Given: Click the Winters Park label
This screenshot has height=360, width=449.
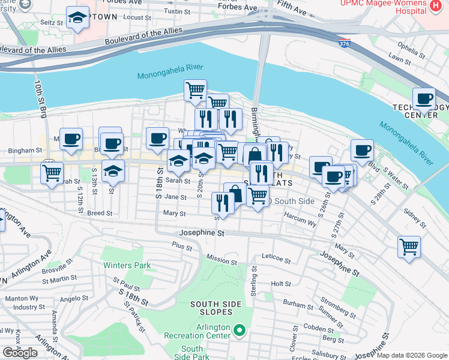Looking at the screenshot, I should coord(126,265).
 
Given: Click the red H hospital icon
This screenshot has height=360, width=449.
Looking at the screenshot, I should coord(436,6).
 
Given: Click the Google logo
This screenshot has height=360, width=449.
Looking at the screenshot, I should coord(20,353).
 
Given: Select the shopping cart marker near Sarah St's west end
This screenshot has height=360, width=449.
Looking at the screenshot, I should coord(52,173).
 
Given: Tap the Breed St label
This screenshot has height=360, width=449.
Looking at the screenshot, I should coord(100,213).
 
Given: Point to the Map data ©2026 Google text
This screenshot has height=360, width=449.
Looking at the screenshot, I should coord(412,355).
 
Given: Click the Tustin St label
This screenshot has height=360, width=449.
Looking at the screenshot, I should coord(177,11).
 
